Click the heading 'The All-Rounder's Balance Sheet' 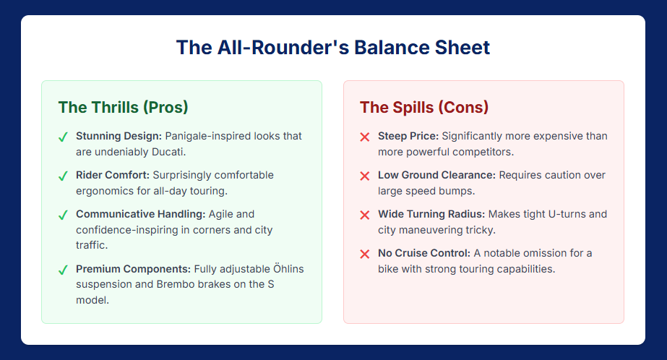click(x=333, y=47)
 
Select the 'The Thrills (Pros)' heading click(x=123, y=107)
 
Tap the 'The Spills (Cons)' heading click(x=424, y=107)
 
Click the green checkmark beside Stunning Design click(x=63, y=137)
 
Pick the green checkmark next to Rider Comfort click(x=63, y=176)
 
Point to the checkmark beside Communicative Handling click(x=63, y=215)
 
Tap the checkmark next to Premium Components click(x=63, y=270)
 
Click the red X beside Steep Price click(x=364, y=137)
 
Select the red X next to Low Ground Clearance click(x=364, y=176)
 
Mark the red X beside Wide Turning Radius click(x=364, y=215)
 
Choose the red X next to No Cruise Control click(x=364, y=254)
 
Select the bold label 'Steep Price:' click(x=408, y=136)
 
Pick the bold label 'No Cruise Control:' click(x=424, y=253)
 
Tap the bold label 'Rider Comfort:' click(x=113, y=175)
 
